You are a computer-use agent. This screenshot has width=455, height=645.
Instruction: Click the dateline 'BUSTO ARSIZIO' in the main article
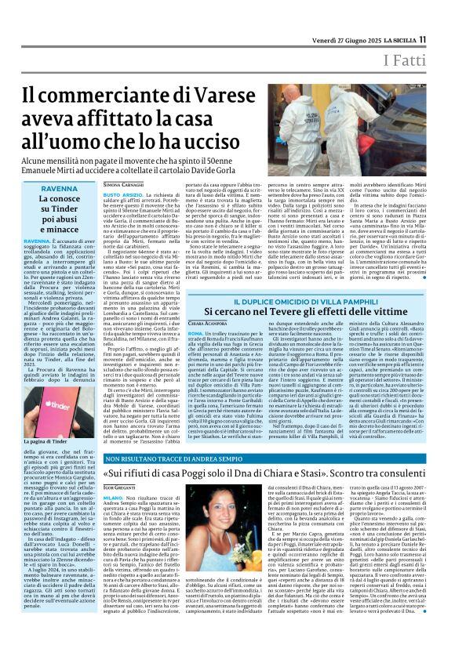click(x=123, y=192)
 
